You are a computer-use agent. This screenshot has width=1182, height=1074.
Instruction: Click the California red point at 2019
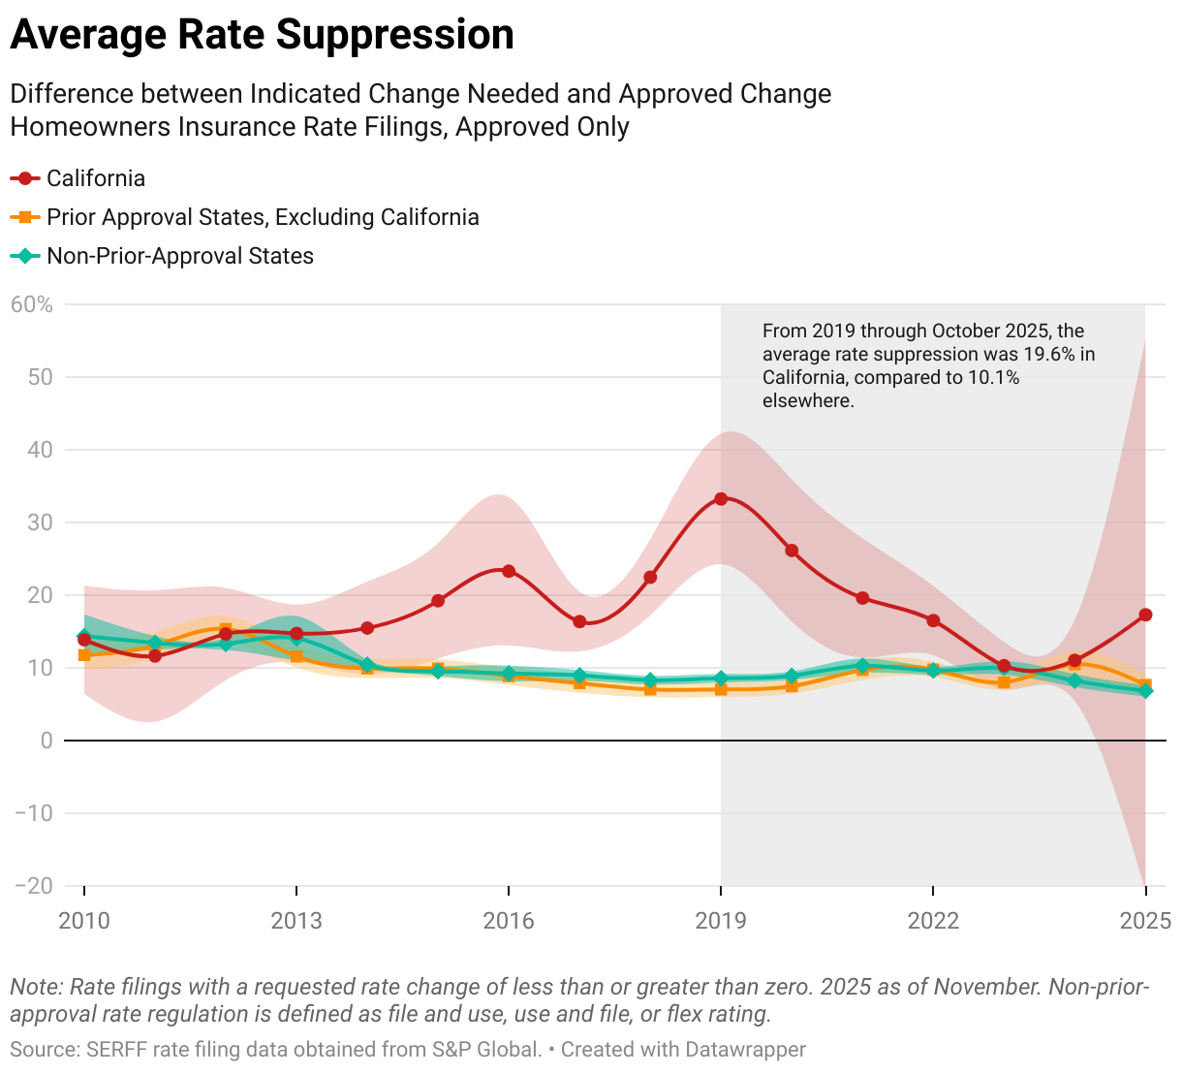tap(721, 499)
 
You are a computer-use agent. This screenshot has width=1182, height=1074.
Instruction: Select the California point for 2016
tap(509, 571)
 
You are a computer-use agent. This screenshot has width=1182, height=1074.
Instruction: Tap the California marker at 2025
tap(1145, 615)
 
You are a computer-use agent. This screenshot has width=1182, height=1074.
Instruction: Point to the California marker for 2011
tap(155, 656)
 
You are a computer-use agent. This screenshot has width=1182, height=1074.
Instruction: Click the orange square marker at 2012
tap(226, 630)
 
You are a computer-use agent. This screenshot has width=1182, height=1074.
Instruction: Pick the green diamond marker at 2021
tap(862, 666)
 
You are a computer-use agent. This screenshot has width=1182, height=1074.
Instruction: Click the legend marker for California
tap(25, 178)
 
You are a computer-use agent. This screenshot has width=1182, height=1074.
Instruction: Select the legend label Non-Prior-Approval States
tap(180, 256)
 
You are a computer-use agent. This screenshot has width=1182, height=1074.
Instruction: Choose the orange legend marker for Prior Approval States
tap(25, 217)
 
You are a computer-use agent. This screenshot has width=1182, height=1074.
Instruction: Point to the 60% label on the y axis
tap(32, 304)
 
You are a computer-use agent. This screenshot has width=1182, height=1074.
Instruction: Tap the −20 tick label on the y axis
tap(34, 886)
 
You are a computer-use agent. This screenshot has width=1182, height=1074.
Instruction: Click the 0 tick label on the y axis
tap(46, 741)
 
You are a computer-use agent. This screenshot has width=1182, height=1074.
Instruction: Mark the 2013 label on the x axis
tap(296, 920)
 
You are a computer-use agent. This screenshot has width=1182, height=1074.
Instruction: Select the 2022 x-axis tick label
tap(933, 920)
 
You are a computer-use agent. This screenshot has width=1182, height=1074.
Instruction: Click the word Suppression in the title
tap(393, 35)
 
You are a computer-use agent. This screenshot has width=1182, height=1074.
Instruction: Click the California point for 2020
tap(792, 551)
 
